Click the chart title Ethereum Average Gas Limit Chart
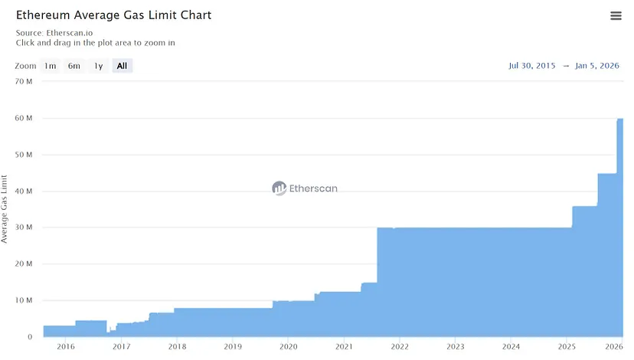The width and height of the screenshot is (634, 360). coord(113,15)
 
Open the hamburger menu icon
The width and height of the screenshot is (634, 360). coord(616,16)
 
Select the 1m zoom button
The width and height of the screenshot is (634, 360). coord(50,66)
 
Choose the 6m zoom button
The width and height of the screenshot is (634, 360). coord(74,66)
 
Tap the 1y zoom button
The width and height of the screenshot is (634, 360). coord(98,66)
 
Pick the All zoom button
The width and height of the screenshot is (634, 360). coord(122,66)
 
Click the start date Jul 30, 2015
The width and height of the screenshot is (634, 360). coord(532,66)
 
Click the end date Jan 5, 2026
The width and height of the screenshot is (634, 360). coord(597,66)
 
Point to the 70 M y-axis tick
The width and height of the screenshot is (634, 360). coord(24,82)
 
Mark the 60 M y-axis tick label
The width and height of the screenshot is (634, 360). coord(24,119)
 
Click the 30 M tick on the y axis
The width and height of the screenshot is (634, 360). coord(24,227)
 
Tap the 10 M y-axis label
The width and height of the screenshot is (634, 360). coord(24,300)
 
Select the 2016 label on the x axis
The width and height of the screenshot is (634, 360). coord(66,347)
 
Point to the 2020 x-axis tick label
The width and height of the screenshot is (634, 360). coord(288,347)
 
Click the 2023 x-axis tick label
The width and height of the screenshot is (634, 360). coord(455,347)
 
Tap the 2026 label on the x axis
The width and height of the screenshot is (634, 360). coord(613,347)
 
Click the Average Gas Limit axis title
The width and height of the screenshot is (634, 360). coord(5,209)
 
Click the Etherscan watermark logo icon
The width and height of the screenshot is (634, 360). coord(279,188)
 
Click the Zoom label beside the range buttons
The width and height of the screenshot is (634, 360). coord(25,66)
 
